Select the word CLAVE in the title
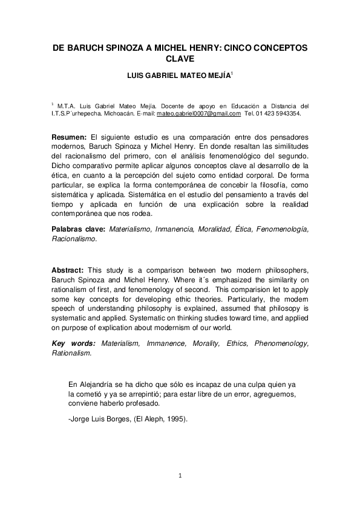click(180, 59)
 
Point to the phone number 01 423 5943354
click(284, 113)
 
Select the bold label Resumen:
click(69, 138)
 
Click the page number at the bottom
click(180, 476)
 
